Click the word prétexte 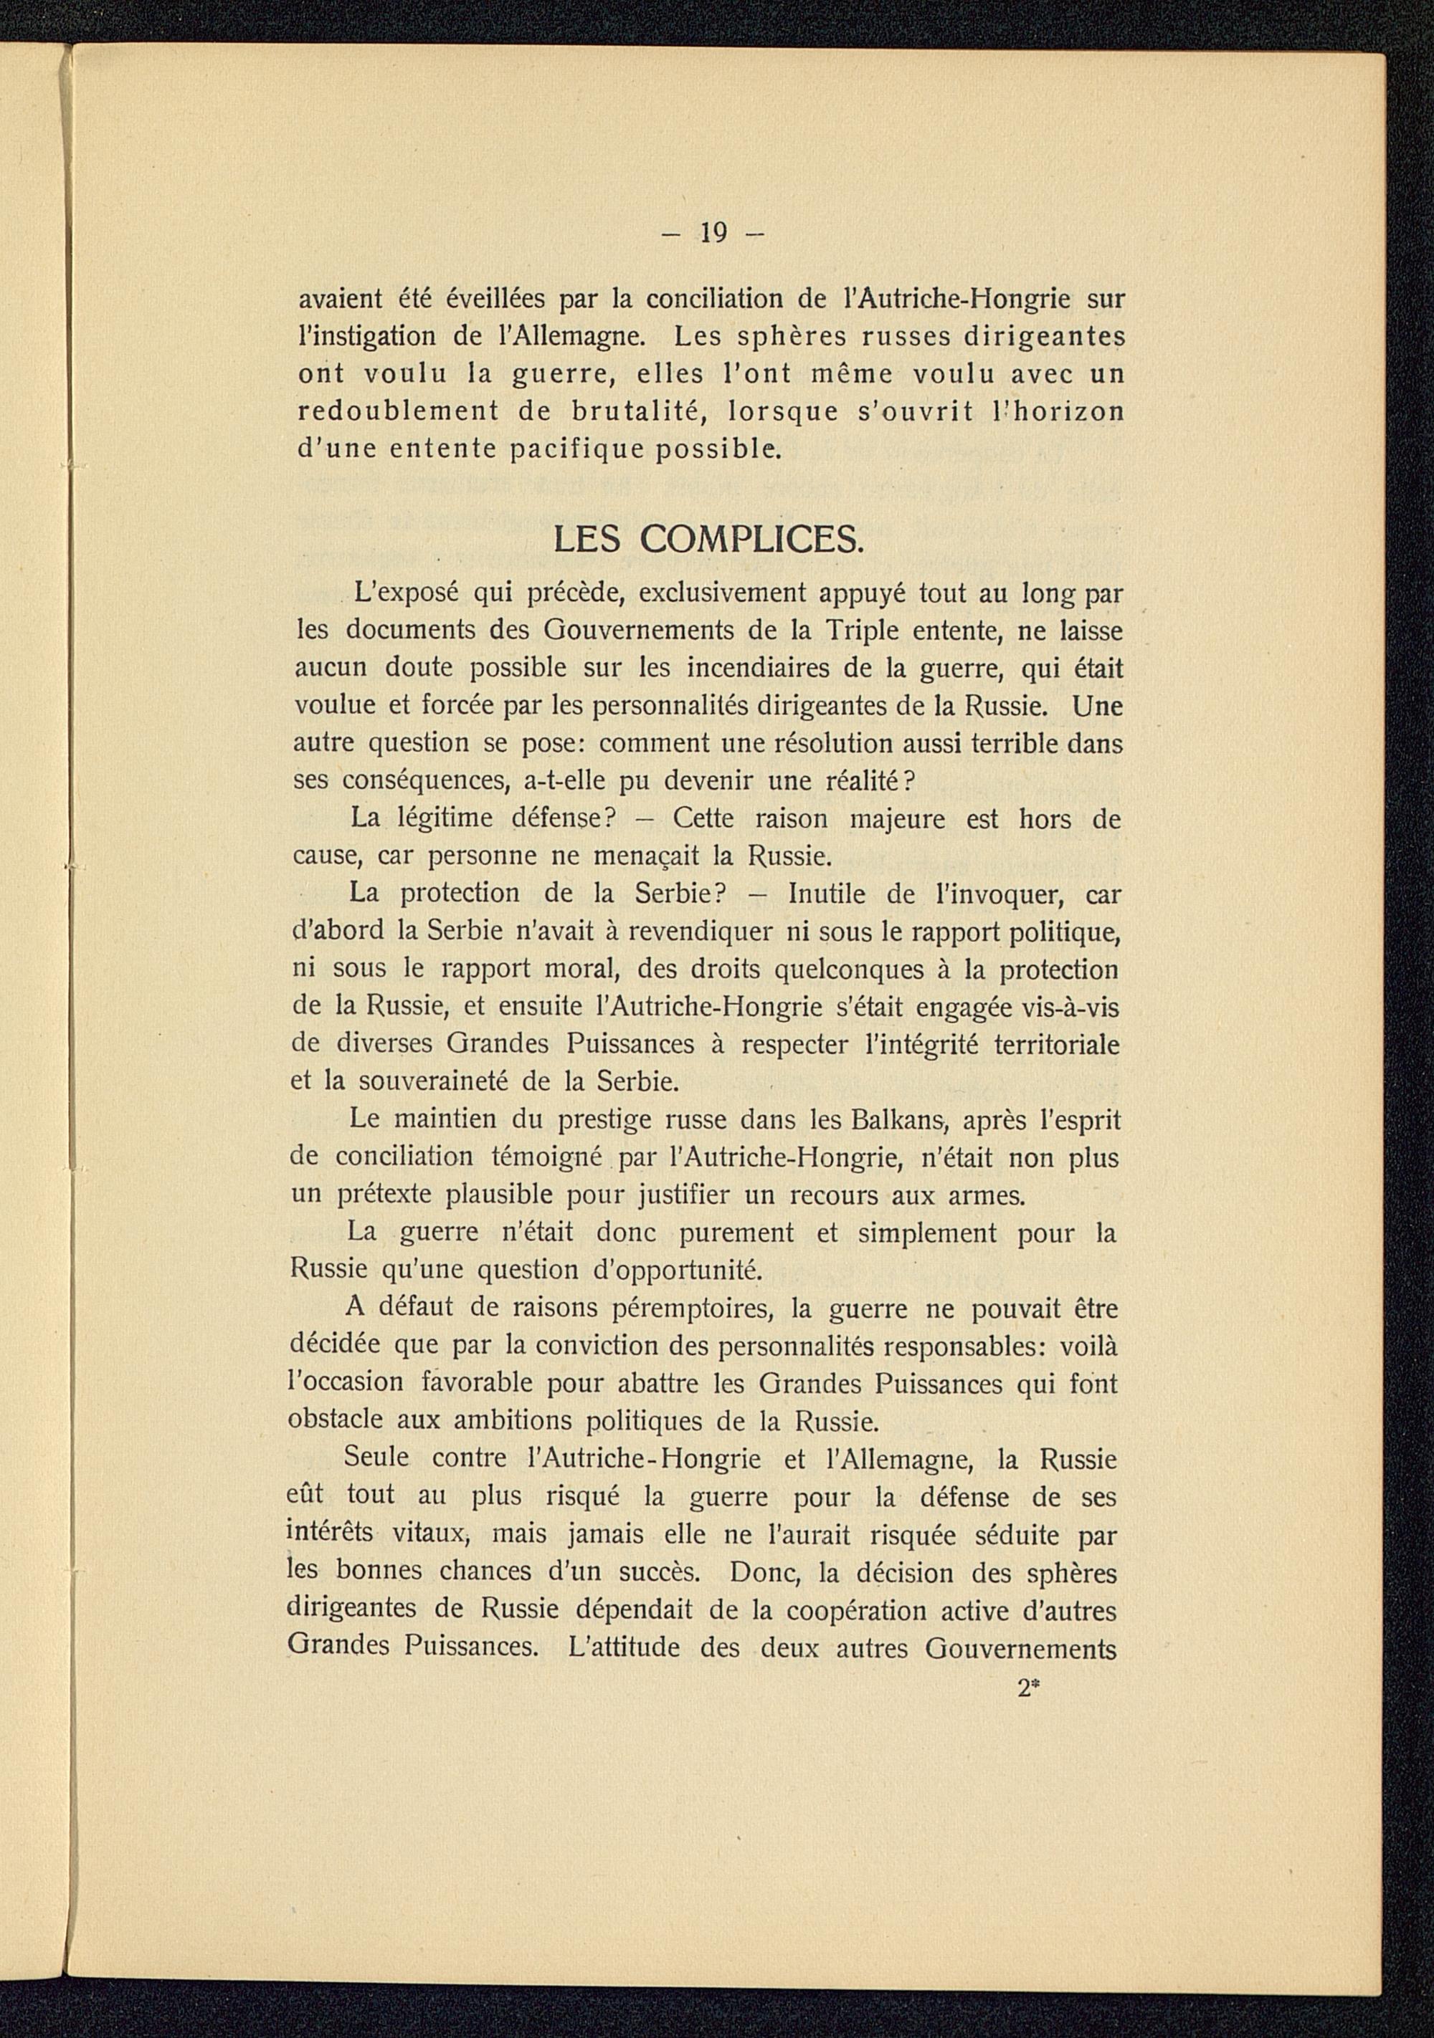pos(386,1197)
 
